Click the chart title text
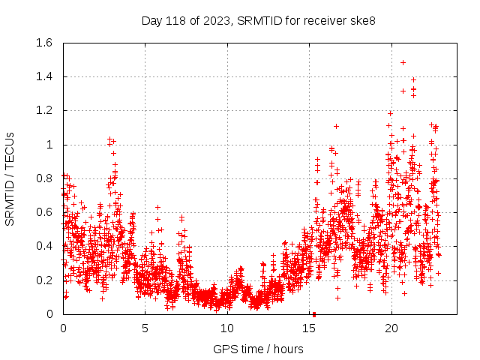coord(258,20)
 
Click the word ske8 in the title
coord(362,20)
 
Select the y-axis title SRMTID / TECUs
coord(10,178)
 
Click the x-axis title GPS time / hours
coord(258,349)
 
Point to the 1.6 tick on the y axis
coord(45,43)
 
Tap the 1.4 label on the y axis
coord(45,76)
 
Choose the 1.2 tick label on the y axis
coord(45,110)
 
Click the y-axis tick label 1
coord(50,145)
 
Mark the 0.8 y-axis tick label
coord(45,178)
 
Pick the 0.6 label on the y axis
coord(45,212)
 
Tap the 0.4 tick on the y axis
coord(45,246)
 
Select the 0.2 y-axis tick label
coord(45,280)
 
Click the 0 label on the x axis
coord(63,328)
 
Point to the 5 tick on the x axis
coord(145,328)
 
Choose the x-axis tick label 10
coord(227,328)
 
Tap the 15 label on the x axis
coord(309,328)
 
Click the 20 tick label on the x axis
coord(391,328)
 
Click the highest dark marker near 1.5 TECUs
coord(403,62)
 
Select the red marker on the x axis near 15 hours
coord(314,313)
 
